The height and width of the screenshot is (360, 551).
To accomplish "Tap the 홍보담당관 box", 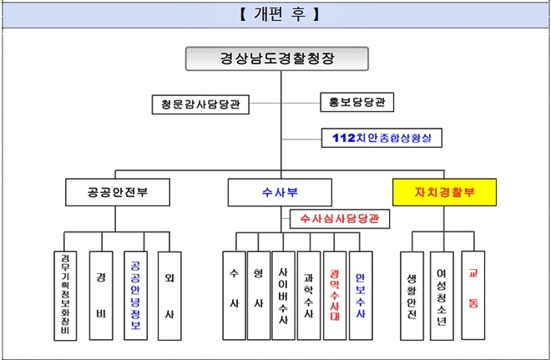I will click(356, 102).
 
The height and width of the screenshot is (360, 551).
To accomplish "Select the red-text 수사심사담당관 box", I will click(340, 220).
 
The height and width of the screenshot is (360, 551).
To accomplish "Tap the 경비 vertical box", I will click(101, 294).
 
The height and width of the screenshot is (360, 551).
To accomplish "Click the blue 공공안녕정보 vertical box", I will click(136, 294).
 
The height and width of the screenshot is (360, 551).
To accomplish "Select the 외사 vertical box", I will click(170, 294).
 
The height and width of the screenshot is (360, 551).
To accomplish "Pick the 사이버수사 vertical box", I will click(284, 294).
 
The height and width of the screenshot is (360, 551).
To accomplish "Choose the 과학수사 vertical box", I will click(309, 294).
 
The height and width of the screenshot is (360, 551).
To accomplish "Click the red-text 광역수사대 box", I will click(334, 294).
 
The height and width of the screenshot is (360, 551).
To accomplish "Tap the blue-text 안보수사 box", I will click(360, 294).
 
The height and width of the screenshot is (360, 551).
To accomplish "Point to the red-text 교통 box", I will click(473, 294).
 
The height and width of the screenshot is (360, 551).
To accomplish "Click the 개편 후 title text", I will click(275, 13).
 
